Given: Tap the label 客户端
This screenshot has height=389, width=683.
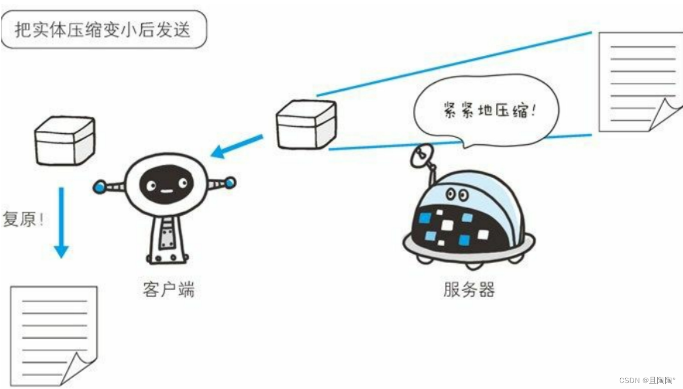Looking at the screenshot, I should tap(169, 289).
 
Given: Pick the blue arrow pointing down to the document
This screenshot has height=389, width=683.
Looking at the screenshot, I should tap(61, 222).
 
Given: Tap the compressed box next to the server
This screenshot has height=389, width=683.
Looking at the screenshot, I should tap(306, 124).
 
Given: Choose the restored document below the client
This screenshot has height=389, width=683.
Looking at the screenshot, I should tap(52, 336).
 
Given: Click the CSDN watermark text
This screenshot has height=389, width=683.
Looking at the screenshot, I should tap(647, 380).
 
